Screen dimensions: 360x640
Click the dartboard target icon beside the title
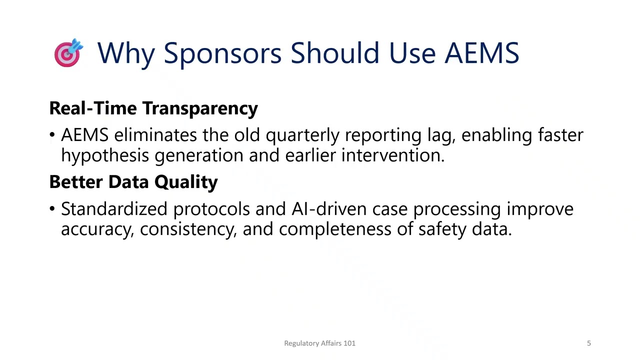[68, 53]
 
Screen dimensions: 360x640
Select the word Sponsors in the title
[222, 53]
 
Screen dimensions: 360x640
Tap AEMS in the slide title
[481, 53]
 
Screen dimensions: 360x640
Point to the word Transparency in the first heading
[200, 108]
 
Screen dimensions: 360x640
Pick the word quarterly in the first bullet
[302, 135]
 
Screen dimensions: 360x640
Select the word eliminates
[155, 135]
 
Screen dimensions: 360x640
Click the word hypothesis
[105, 156]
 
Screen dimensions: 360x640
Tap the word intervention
[392, 155]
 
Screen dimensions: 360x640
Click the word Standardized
[114, 209]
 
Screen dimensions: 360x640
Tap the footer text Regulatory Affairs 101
[319, 343]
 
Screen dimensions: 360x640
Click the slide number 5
[588, 343]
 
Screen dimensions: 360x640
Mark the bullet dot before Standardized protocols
[52, 209]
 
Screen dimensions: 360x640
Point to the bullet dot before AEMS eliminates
[52, 135]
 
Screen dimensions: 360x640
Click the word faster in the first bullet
[560, 135]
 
